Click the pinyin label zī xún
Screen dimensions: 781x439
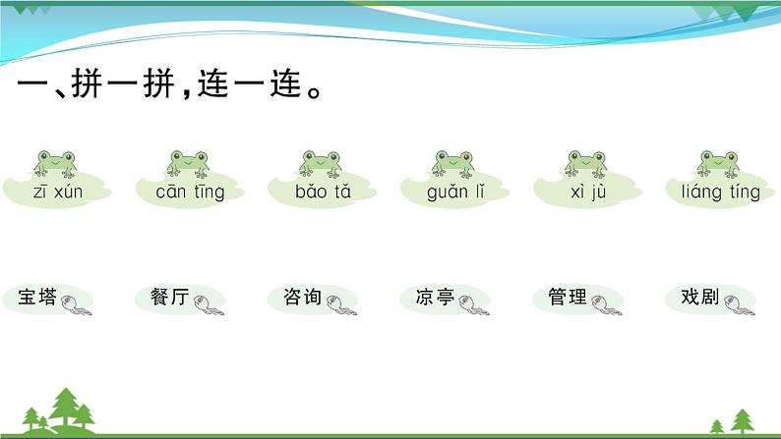[58, 192]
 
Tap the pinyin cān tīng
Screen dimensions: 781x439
[190, 192]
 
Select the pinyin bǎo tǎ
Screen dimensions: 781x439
[323, 192]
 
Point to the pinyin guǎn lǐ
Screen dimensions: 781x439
[455, 192]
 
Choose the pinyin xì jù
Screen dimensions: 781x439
[588, 192]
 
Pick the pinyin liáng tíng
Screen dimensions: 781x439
[721, 192]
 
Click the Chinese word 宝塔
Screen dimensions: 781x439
[36, 297]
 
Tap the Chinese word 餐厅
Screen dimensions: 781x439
[169, 297]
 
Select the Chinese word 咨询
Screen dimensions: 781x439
[302, 297]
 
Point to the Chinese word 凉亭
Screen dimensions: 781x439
[435, 297]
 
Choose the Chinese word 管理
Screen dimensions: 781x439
[568, 297]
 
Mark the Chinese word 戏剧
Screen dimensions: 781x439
[699, 297]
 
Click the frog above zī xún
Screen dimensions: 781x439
[55, 164]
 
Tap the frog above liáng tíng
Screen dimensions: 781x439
[718, 164]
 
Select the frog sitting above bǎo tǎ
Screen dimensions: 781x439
[321, 164]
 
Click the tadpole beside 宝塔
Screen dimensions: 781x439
[76, 304]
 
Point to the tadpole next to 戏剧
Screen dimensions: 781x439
[739, 304]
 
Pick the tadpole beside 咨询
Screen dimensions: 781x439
[341, 304]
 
